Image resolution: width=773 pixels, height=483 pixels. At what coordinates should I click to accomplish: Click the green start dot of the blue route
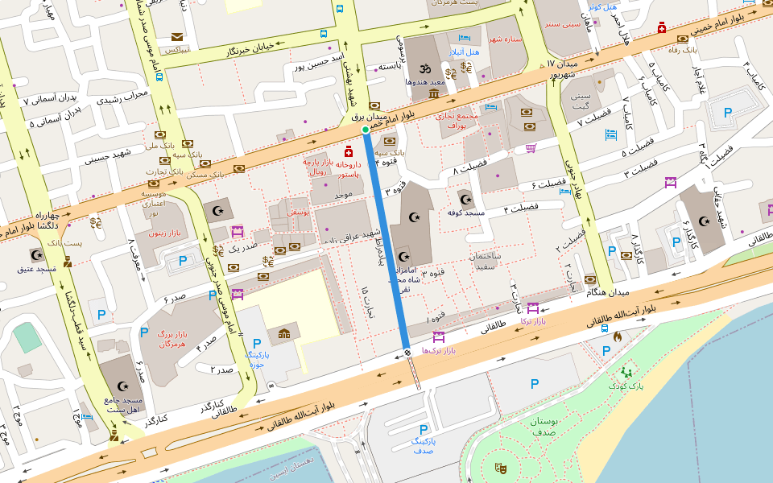tap(366, 129)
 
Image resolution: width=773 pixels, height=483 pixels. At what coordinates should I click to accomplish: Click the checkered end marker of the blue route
tap(407, 352)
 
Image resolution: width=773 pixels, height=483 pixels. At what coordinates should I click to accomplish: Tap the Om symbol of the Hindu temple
tap(425, 68)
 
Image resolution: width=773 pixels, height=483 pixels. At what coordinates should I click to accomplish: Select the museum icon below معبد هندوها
tap(434, 94)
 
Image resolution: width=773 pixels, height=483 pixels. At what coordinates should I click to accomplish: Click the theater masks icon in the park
tap(500, 466)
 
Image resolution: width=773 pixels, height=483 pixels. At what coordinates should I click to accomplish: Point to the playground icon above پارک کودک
tap(626, 372)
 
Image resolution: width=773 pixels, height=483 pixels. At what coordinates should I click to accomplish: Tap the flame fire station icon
tap(617, 336)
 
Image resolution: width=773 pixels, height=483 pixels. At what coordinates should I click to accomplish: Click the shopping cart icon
tap(531, 147)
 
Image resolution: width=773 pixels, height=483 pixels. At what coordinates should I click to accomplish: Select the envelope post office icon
tap(176, 36)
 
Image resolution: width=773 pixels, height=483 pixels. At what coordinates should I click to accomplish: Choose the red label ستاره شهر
tap(505, 39)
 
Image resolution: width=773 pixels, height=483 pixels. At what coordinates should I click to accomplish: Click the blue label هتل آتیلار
tap(465, 52)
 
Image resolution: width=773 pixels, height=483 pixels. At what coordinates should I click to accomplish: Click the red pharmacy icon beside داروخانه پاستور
tap(349, 151)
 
